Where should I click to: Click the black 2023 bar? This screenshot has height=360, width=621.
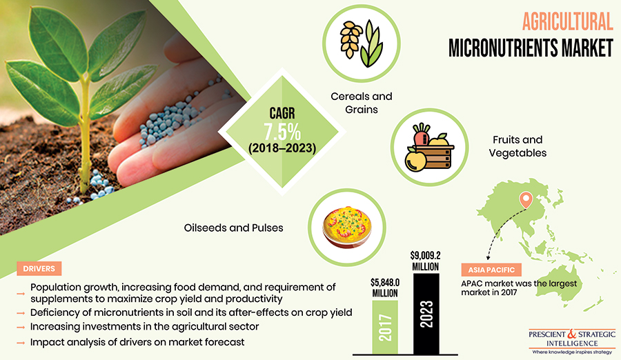(x=426, y=314)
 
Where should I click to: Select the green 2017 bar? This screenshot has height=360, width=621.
(x=385, y=327)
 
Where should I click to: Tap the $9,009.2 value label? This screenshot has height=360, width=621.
(x=425, y=261)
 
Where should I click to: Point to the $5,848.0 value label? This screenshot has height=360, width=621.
(x=385, y=288)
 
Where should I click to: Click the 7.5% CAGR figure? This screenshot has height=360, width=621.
(x=282, y=132)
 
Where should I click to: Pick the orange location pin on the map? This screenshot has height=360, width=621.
(x=526, y=200)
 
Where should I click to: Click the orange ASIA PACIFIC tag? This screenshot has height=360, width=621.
(x=491, y=270)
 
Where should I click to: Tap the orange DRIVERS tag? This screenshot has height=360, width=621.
(x=39, y=268)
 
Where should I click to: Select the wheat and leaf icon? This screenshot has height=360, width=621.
(x=361, y=43)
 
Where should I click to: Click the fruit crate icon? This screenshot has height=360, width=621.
(x=429, y=148)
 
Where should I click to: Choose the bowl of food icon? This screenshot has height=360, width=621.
(x=347, y=228)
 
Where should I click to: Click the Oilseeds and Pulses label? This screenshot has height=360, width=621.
(x=234, y=228)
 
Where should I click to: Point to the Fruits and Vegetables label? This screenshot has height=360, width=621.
(x=517, y=146)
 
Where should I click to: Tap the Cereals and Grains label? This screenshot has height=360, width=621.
(x=361, y=103)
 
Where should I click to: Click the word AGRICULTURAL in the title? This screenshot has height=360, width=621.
(x=568, y=21)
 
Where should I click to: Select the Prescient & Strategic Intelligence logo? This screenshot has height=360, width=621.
(x=572, y=341)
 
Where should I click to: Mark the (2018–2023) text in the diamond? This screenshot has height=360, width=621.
(x=282, y=148)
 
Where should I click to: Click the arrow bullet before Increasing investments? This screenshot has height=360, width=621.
(x=21, y=328)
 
